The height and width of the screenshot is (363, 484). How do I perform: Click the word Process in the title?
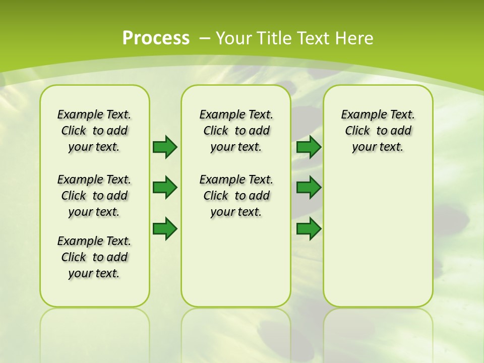coord(156,38)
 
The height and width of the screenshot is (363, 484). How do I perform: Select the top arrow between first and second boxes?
coord(164,147)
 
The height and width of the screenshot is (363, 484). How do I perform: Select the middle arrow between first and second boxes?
coord(164,188)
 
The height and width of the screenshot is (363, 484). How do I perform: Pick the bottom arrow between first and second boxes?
coord(164,228)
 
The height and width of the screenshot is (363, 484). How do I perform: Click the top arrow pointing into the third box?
coord(309,147)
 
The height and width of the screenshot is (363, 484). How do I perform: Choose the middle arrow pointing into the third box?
coord(309,188)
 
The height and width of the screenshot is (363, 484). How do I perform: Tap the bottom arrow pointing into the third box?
coord(309,228)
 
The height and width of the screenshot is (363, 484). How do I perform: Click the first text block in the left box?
coord(94,131)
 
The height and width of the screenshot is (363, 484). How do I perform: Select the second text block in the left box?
coord(94,196)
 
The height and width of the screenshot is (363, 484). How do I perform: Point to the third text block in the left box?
coord(94,257)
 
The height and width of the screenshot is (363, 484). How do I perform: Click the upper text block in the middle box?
coord(236,131)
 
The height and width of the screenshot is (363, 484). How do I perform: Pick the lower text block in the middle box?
coord(236,196)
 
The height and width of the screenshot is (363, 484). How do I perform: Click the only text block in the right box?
coord(378,131)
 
